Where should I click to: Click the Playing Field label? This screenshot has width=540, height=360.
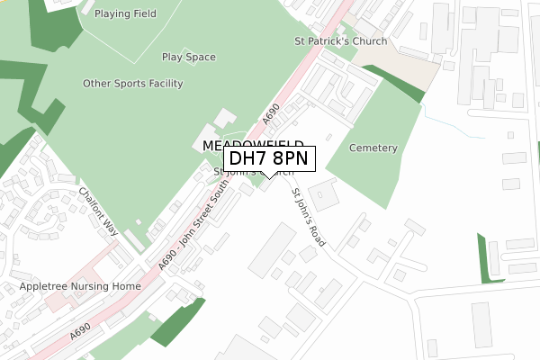coord(125,14)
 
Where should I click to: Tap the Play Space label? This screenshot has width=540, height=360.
coord(188,58)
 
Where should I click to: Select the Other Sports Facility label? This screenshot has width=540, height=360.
coord(132,84)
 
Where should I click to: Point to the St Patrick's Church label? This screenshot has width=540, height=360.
coord(341,41)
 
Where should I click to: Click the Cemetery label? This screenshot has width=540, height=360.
coord(373,148)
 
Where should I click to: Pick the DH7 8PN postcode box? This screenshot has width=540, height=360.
coord(268,158)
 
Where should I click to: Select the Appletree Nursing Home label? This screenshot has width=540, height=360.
coord(81,286)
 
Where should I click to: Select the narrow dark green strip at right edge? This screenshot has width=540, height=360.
coord(489,259)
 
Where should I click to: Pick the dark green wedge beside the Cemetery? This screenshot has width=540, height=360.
coord(406,85)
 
